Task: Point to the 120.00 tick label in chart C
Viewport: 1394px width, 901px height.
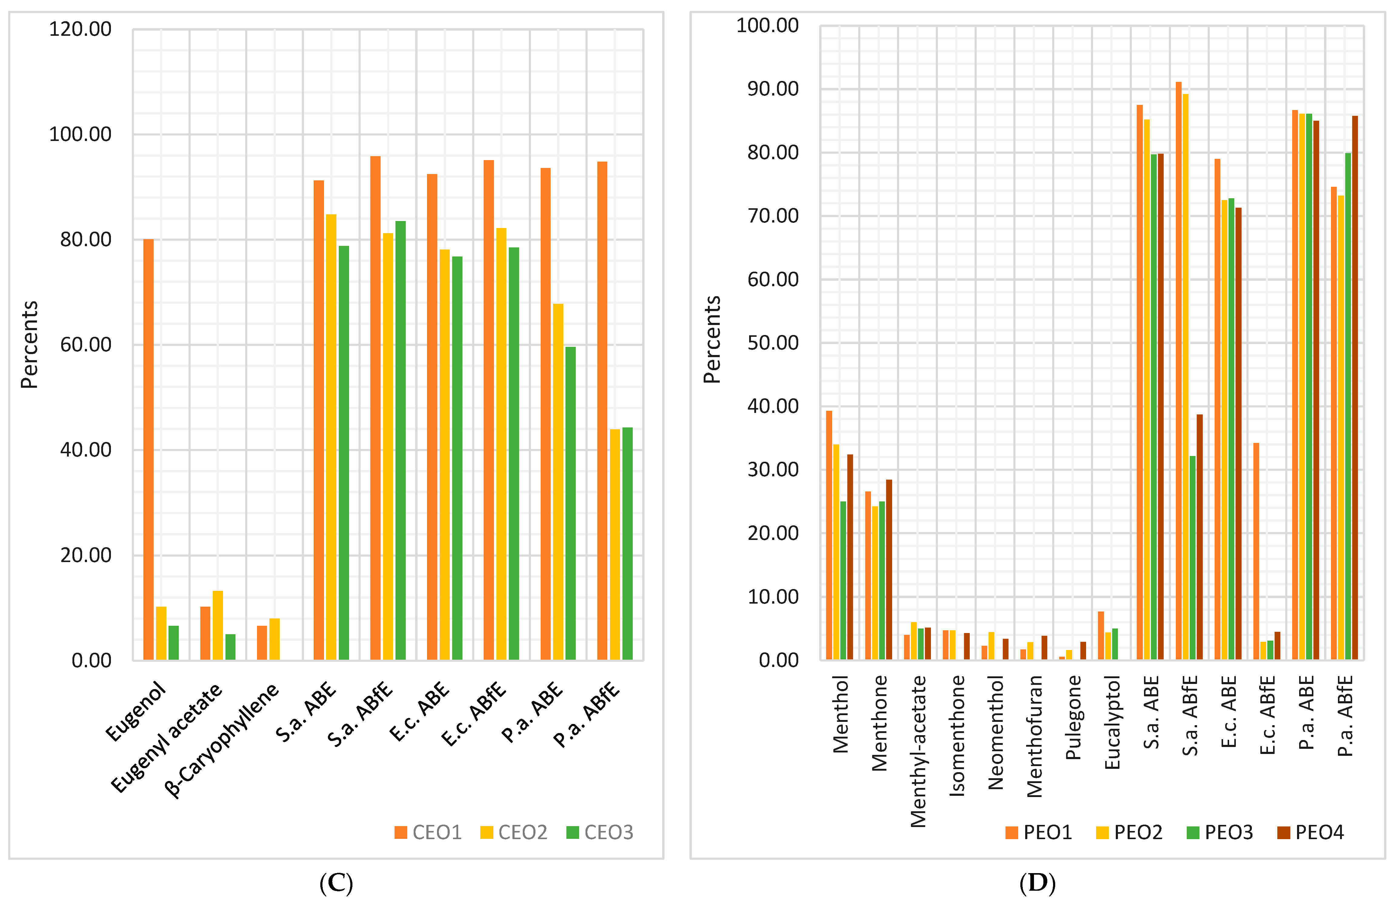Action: click(x=80, y=29)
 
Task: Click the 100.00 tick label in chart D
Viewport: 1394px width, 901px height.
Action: click(x=767, y=26)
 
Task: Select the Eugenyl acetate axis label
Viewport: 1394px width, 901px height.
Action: click(x=167, y=737)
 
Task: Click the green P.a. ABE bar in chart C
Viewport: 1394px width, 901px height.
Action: click(x=570, y=503)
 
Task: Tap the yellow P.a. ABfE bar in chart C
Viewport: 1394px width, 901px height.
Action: click(x=615, y=544)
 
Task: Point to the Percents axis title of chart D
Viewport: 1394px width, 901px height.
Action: click(x=712, y=339)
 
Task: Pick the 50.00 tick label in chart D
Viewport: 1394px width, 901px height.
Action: click(x=773, y=343)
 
